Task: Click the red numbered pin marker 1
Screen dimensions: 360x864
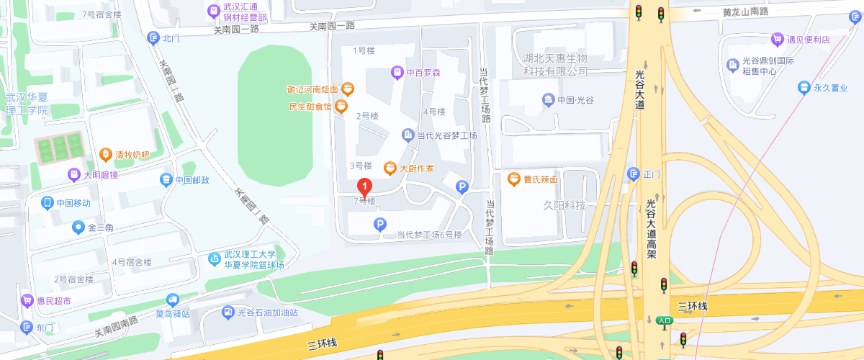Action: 365,189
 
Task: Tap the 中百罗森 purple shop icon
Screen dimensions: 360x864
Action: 397,72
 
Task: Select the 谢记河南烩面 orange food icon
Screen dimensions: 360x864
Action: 347,89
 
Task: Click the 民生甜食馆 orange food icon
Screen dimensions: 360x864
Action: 341,107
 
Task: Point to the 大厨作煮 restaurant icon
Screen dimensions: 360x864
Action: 390,168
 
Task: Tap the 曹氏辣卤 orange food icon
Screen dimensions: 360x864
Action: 513,179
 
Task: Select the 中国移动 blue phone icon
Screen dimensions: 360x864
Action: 48,203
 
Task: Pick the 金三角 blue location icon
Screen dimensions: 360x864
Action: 78,228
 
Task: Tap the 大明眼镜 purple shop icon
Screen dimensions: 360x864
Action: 73,174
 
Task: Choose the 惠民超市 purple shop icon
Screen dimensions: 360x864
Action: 27,300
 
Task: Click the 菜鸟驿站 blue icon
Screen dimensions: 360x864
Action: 172,300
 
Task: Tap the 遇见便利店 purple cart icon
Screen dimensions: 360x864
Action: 777,39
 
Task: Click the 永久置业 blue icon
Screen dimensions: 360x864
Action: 804,88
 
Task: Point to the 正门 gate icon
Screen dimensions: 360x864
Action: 633,174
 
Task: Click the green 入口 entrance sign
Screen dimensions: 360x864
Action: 663,320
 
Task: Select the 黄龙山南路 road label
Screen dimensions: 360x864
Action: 746,12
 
